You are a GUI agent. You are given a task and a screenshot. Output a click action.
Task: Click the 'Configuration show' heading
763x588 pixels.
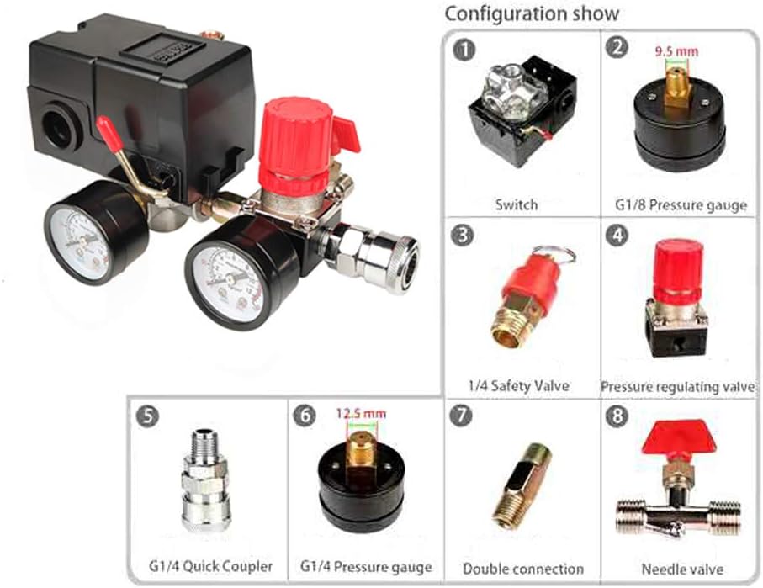point(531,13)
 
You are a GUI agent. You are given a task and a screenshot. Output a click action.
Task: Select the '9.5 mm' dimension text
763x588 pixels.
point(676,51)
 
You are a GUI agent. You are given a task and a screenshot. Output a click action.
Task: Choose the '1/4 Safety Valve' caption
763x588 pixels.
point(518,385)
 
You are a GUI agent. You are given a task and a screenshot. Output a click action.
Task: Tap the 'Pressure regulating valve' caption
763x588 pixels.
point(679,387)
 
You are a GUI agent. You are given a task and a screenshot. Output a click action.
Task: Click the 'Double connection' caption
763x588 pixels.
point(522,569)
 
